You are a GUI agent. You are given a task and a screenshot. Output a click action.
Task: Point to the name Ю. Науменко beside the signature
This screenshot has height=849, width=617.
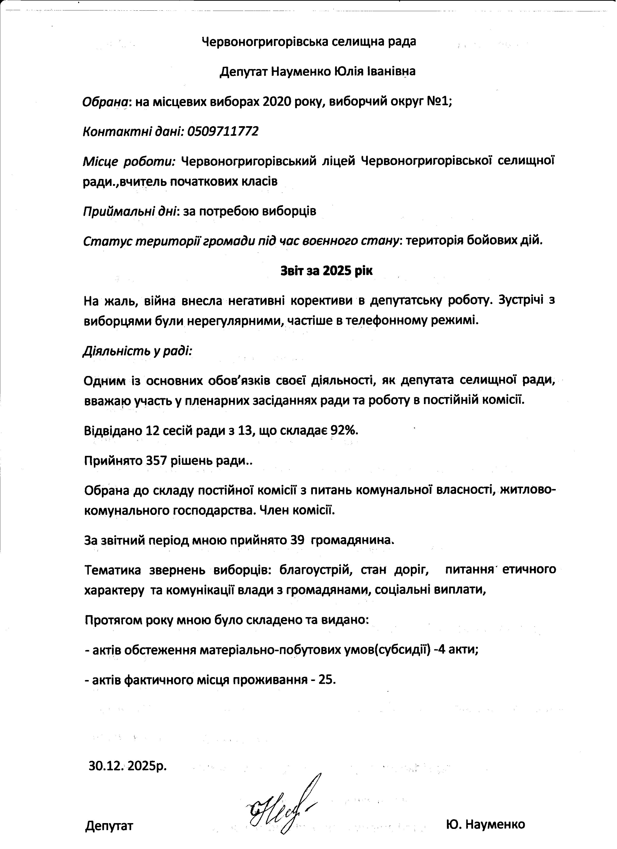(x=485, y=824)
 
